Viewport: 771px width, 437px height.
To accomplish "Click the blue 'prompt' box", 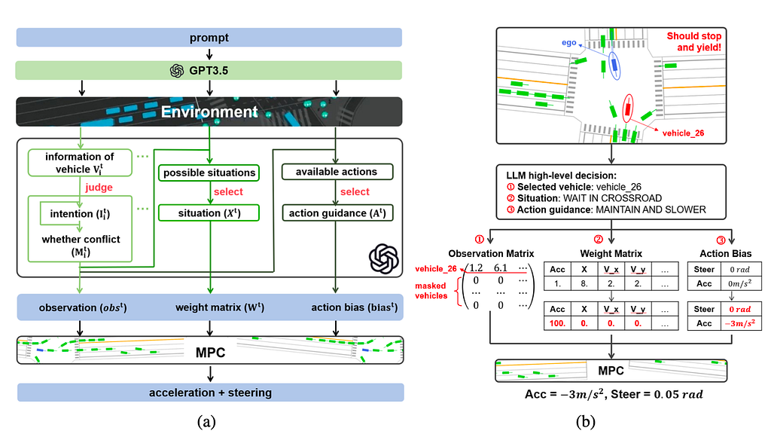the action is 209,38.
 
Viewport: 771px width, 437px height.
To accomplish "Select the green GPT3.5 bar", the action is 209,70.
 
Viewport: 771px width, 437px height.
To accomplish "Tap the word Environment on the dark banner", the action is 209,112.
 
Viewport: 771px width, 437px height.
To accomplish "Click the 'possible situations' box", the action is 209,173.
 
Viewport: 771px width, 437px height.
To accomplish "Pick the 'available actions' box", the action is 337,172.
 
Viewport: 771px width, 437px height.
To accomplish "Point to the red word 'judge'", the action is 99,187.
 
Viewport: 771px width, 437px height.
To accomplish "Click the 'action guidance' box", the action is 337,213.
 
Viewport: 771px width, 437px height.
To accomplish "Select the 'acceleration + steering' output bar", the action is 211,393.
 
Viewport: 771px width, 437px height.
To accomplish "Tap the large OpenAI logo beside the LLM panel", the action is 383,259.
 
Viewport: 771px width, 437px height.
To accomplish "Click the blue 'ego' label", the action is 569,43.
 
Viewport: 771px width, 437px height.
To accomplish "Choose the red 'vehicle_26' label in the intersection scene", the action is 683,133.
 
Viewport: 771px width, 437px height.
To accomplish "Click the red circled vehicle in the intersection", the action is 627,108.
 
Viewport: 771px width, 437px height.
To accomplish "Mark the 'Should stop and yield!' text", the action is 693,42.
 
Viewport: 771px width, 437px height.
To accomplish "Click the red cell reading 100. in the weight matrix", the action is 557,323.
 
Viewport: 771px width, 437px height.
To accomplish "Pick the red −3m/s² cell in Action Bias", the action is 741,323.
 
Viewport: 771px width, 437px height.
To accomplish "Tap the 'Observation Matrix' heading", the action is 491,253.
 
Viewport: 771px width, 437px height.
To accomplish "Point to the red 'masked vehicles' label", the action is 431,291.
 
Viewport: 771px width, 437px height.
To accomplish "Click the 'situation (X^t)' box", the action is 209,213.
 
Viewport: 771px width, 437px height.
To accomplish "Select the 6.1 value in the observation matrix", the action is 501,267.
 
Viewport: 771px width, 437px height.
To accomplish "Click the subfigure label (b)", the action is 585,422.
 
